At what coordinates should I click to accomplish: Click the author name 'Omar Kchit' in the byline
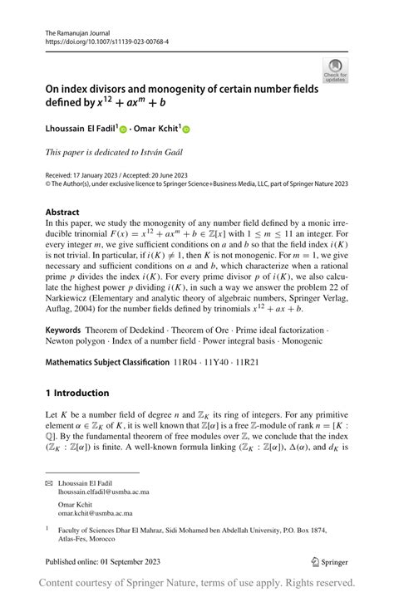157,129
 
